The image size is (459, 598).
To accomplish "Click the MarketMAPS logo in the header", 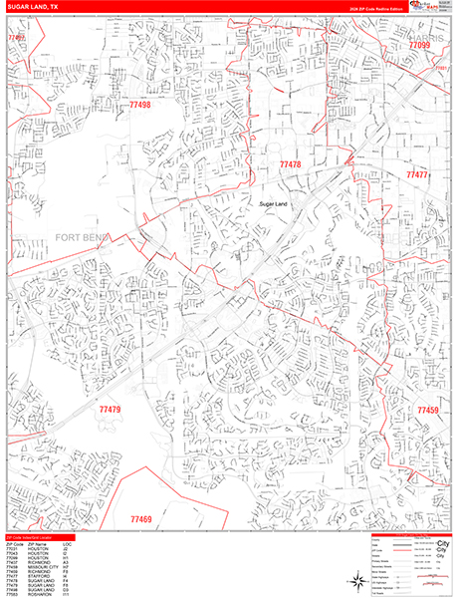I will coord(427,6).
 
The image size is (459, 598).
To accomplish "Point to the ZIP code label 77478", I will coord(290,164).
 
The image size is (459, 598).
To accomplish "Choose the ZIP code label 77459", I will coord(427,411).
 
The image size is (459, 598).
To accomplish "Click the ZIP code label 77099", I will coord(419,46).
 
